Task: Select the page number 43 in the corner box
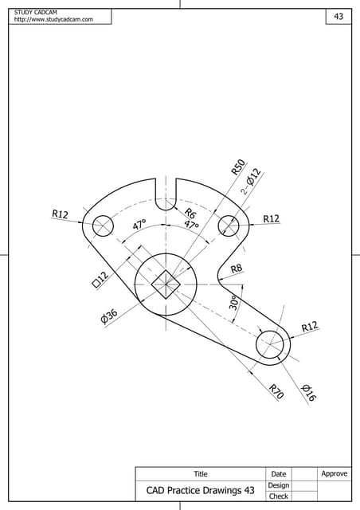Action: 338,17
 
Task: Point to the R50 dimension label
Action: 237,166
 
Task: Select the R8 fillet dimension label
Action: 237,269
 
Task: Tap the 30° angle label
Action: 234,303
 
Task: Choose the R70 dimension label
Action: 276,391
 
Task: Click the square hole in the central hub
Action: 166,281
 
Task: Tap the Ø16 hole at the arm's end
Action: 272,344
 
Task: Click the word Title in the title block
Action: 201,474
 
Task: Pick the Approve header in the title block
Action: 334,473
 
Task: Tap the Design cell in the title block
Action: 278,485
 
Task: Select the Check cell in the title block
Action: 278,496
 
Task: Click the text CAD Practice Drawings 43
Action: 200,491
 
